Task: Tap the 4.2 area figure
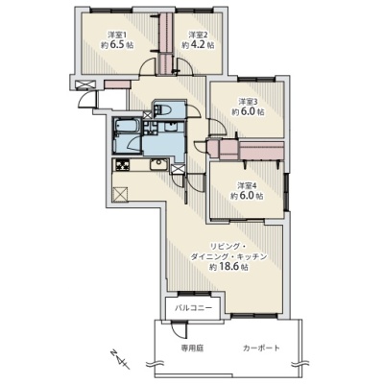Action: [x=199, y=45]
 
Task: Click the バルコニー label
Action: [x=193, y=308]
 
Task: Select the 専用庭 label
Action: [x=192, y=348]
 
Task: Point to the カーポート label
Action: [x=261, y=348]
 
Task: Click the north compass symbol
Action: [x=119, y=359]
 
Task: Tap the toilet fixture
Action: [x=163, y=110]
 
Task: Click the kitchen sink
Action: [x=157, y=165]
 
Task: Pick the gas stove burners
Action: [x=123, y=165]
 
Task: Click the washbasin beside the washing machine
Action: [x=170, y=127]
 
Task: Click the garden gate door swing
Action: [x=179, y=329]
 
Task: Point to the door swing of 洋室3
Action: [x=216, y=128]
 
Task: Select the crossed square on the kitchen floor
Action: [x=120, y=194]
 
